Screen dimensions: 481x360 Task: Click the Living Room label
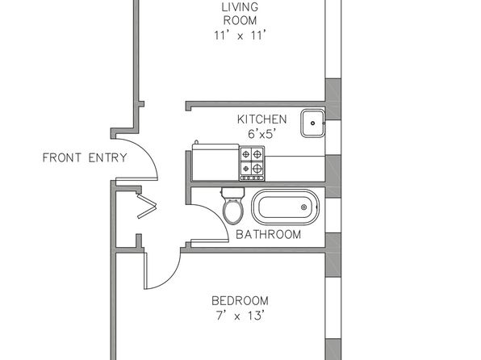240,14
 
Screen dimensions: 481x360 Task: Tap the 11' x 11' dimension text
239,36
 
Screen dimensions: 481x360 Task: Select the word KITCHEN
262,119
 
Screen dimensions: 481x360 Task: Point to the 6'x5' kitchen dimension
262,134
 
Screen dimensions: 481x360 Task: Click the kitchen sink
312,123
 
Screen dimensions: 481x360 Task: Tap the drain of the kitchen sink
312,123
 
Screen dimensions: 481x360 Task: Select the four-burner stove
252,163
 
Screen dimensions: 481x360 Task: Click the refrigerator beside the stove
215,162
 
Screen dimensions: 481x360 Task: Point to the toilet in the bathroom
232,206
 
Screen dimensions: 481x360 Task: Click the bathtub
285,207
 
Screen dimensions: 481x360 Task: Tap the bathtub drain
303,207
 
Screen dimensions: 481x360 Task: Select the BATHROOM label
269,234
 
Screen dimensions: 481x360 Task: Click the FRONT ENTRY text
85,157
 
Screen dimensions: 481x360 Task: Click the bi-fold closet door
147,206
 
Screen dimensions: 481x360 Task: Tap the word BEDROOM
240,300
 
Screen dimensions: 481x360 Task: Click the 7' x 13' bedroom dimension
240,316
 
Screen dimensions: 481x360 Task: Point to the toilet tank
232,193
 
